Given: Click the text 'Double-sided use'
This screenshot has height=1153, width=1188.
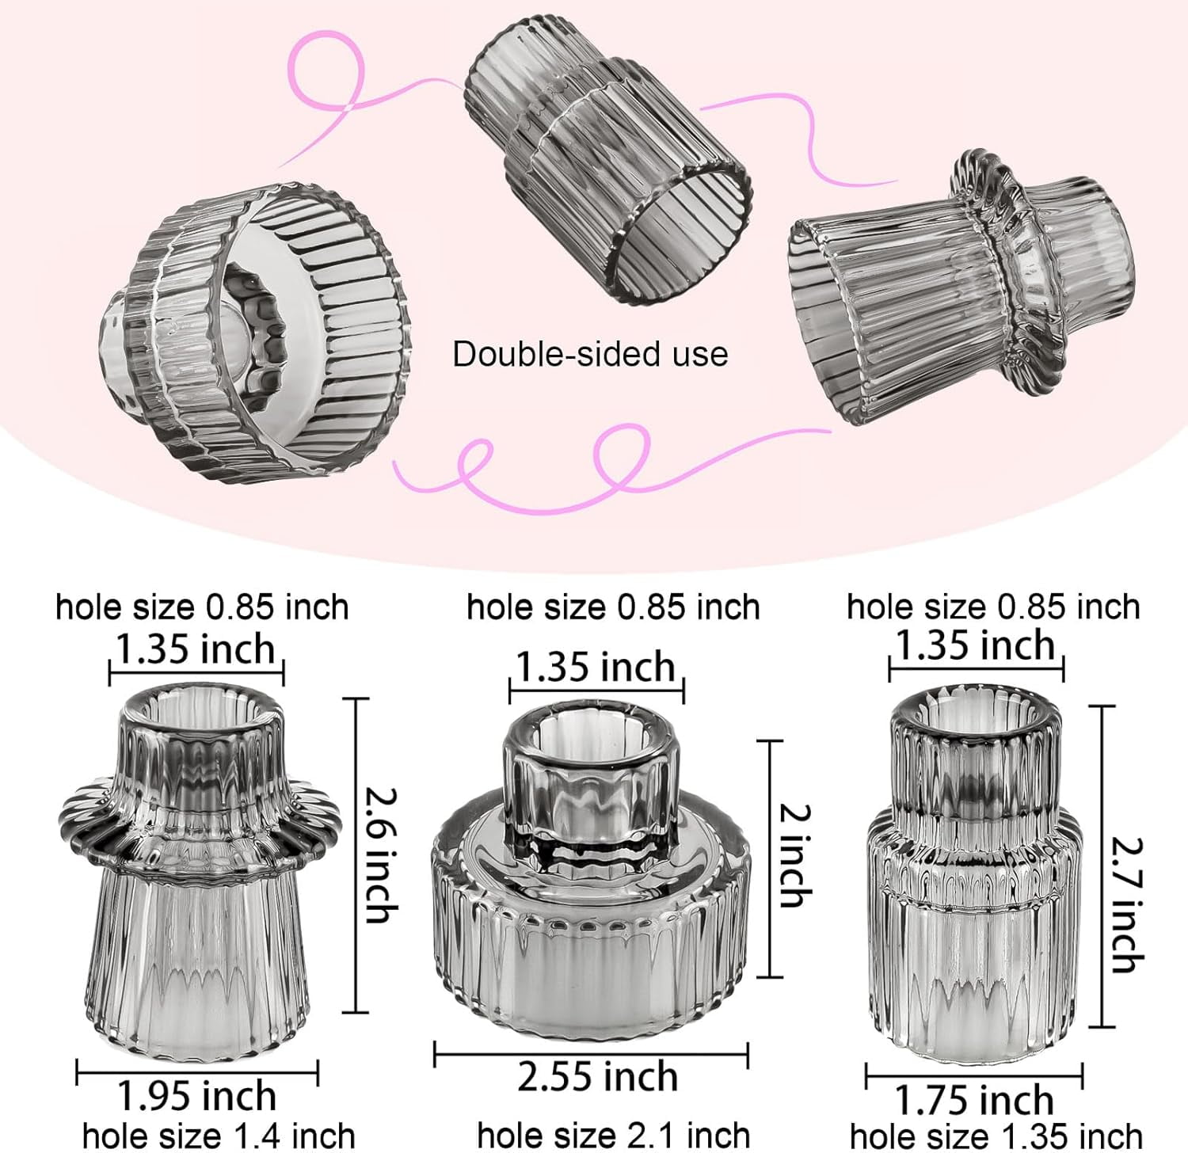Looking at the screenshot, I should (x=590, y=354).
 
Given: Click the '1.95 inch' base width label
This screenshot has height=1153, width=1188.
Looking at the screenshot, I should (x=197, y=1097).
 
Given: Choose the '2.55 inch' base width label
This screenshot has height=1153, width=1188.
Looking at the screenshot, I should (x=597, y=1077).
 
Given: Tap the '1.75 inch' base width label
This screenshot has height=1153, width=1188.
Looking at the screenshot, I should (x=973, y=1101).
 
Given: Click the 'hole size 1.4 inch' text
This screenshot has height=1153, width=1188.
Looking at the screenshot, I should (x=219, y=1136).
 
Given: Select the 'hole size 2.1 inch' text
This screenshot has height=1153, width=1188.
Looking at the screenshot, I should (x=613, y=1136).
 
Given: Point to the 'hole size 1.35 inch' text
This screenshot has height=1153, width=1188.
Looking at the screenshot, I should (x=996, y=1136).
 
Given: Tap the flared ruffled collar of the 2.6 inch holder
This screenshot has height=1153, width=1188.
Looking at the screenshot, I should (x=201, y=824).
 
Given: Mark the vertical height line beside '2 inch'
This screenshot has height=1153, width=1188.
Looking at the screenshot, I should (x=770, y=858).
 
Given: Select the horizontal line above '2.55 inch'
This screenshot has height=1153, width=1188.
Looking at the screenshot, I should (x=591, y=1053).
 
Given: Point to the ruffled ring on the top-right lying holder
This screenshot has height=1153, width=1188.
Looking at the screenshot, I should (x=1006, y=269).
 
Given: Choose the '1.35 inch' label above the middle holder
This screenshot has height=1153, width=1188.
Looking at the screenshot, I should (x=596, y=667).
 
